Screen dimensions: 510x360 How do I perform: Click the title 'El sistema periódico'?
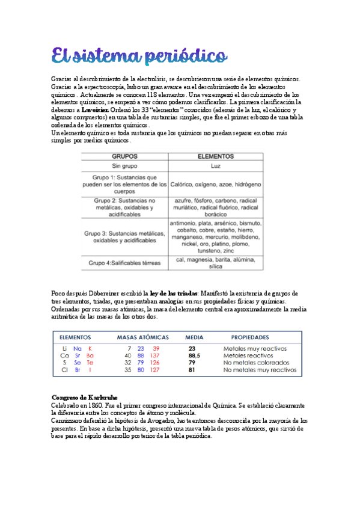(139, 55)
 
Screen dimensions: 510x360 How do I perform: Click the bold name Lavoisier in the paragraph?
(79, 111)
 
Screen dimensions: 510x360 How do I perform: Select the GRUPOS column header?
(125, 155)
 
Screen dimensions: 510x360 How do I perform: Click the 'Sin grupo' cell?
(125, 165)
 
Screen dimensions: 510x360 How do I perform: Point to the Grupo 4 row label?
(125, 263)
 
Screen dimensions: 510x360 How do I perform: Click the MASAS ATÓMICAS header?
(142, 337)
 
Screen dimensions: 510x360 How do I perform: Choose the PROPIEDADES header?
(250, 337)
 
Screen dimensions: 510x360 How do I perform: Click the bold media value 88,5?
(194, 355)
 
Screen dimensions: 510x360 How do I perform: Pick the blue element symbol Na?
(77, 348)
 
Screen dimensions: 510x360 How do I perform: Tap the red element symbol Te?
(90, 363)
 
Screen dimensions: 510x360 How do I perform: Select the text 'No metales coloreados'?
(255, 363)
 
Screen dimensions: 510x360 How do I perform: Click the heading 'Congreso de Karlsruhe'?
(84, 398)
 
